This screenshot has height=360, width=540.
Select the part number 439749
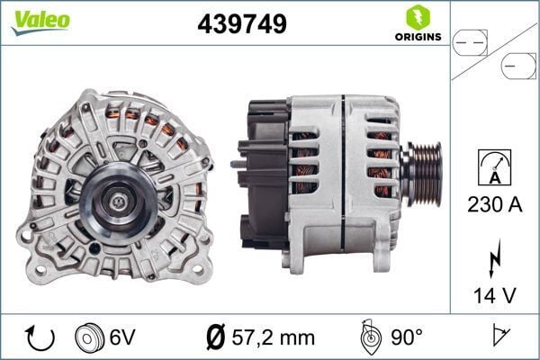241,24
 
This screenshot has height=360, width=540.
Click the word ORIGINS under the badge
416,37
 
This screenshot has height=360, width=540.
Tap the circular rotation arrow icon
40,337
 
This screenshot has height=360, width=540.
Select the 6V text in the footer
121,337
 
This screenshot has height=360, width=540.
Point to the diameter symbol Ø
216,337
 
